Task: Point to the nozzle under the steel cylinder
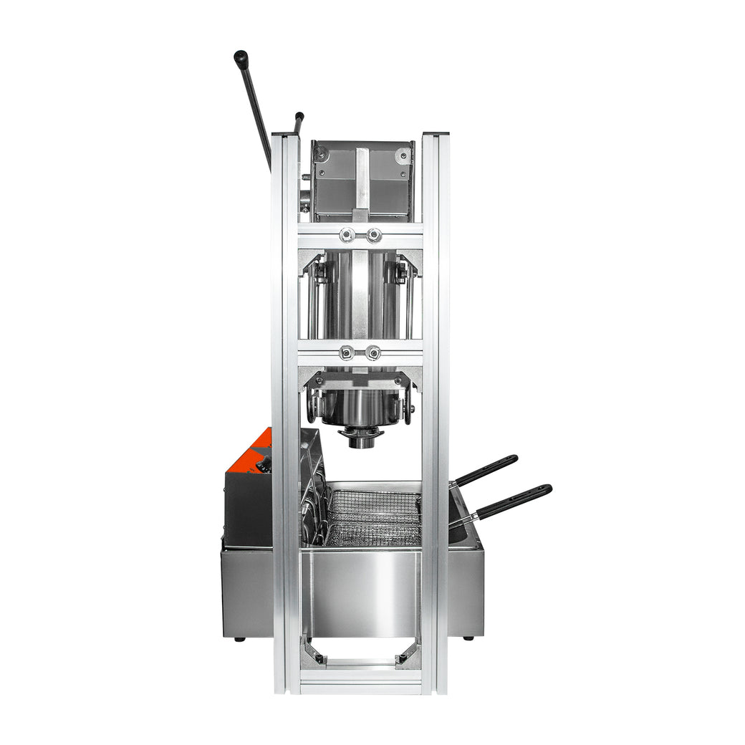pos(362,436)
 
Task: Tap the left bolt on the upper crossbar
pos(347,234)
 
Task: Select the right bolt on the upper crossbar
pos(374,234)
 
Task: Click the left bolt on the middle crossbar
pos(347,352)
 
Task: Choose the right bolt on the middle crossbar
pos(372,352)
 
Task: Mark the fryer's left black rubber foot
pos(239,638)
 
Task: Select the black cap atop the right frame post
pos(435,133)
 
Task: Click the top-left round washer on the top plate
pos(320,152)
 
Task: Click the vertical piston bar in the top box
pos(362,183)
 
